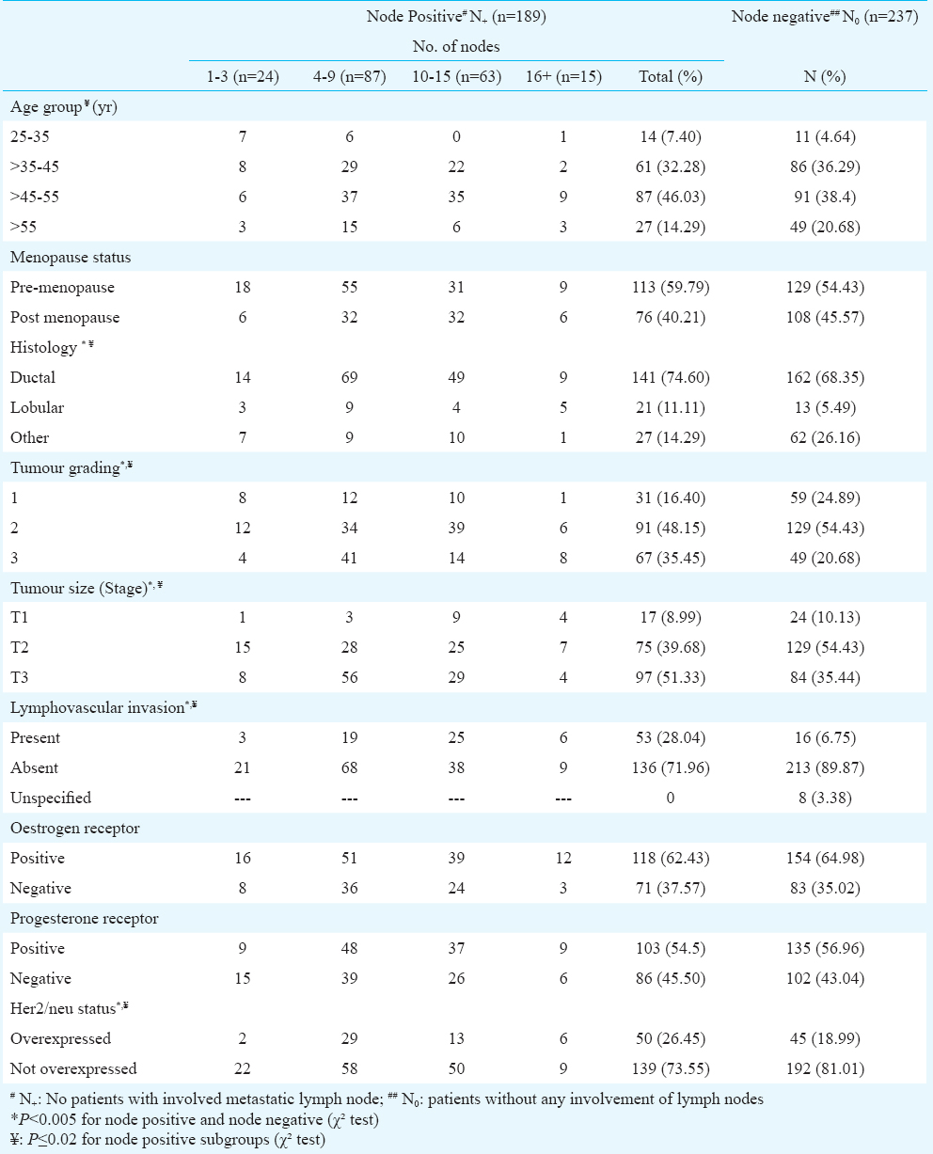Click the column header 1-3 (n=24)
click(243, 76)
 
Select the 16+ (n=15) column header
click(563, 76)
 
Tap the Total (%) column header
click(671, 76)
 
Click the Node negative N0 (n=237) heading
click(825, 17)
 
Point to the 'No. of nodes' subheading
click(456, 47)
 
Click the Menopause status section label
click(71, 257)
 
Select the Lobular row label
click(37, 407)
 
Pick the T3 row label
click(20, 677)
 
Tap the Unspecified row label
click(51, 798)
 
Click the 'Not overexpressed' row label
click(73, 1068)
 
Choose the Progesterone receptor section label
click(85, 918)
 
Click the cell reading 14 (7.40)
click(671, 136)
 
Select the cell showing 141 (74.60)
click(671, 377)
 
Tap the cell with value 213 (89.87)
click(825, 767)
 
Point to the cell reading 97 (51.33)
click(671, 677)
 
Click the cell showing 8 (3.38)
click(825, 798)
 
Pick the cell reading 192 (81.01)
click(825, 1068)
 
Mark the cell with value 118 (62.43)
click(671, 858)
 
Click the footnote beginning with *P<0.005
click(194, 1119)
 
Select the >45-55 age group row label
click(34, 197)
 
